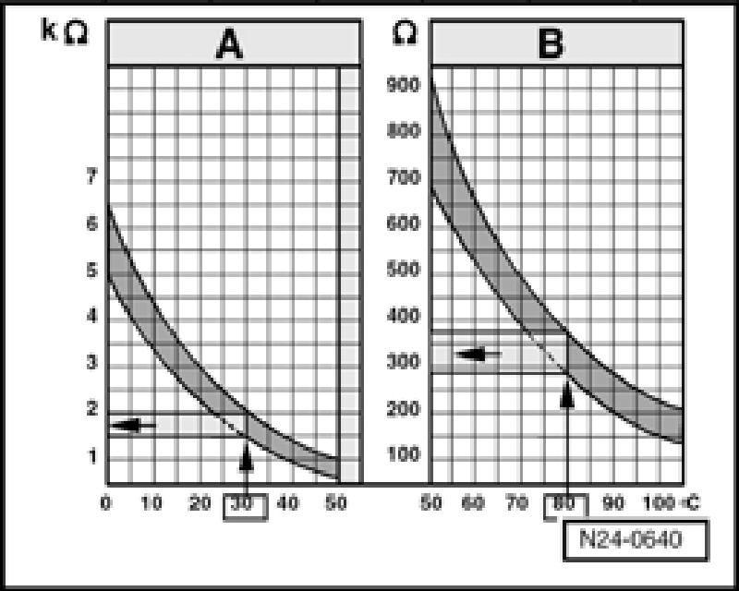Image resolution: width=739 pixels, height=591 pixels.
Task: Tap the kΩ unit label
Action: (x=65, y=30)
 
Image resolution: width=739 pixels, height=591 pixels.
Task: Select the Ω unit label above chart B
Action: (x=403, y=30)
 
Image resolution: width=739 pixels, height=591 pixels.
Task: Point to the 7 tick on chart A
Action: (x=91, y=177)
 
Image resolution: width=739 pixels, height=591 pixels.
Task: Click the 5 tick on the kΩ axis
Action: (x=91, y=271)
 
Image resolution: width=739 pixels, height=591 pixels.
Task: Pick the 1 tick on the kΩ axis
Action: (x=91, y=454)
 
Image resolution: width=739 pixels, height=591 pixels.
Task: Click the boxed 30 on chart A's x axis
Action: (x=246, y=504)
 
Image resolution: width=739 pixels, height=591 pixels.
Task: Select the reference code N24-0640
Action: (x=635, y=540)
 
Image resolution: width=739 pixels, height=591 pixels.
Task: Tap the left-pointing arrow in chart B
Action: (x=479, y=354)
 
